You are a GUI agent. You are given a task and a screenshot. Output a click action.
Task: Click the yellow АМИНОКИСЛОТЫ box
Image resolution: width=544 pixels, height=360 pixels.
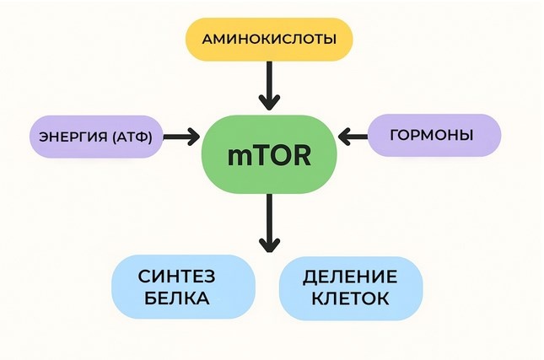[268, 38]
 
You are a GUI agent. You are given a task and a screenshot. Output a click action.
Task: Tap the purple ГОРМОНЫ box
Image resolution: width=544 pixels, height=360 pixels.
[434, 136]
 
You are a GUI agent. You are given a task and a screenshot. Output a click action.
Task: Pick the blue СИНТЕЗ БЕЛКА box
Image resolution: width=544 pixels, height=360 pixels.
[183, 287]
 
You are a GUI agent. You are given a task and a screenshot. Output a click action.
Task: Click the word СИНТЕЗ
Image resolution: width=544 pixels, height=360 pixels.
[183, 276]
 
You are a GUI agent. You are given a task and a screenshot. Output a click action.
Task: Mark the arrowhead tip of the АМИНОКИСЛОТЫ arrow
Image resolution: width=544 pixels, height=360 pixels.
[268, 107]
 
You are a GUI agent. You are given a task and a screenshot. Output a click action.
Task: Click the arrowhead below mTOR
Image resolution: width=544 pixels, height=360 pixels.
[268, 245]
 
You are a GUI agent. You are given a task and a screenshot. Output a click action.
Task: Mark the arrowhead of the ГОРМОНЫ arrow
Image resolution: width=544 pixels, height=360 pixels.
[343, 135]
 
